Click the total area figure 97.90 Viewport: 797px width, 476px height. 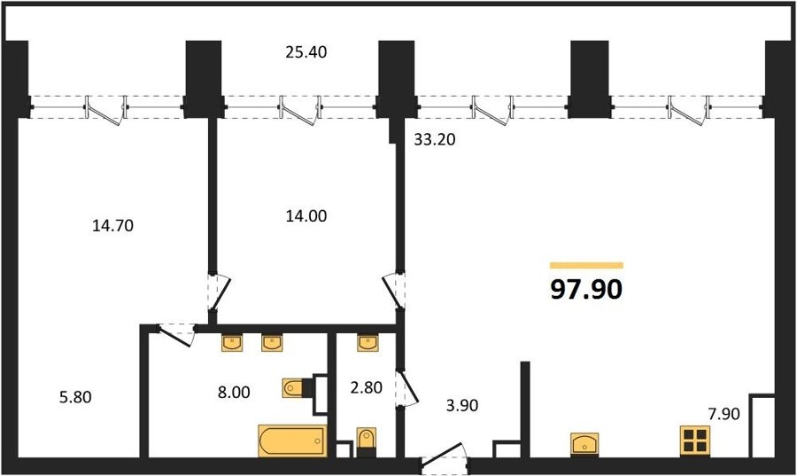(586, 289)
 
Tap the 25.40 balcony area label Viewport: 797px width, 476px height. (306, 52)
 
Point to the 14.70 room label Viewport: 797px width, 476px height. (112, 225)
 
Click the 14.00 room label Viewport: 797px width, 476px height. (306, 215)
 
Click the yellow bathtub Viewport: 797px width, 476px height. (292, 441)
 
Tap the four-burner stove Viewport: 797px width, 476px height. (695, 440)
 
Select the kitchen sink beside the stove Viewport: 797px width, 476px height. (585, 441)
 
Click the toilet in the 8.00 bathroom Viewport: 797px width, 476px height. (295, 388)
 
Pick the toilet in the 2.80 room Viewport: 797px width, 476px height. (368, 440)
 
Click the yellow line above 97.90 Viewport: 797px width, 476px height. (586, 265)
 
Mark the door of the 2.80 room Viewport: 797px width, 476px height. (405, 388)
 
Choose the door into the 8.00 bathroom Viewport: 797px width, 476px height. (177, 333)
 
